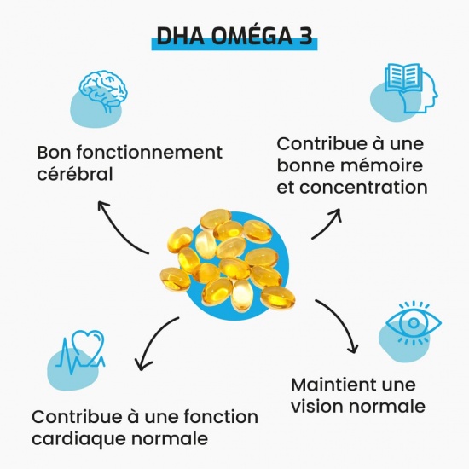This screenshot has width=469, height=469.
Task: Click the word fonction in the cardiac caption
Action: click(221, 417)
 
